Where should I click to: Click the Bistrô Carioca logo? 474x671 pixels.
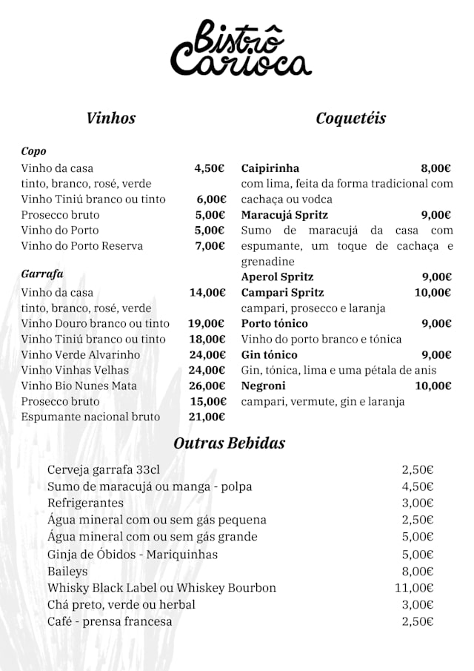pyautogui.click(x=241, y=50)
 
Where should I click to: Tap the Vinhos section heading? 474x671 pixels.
pyautogui.click(x=111, y=118)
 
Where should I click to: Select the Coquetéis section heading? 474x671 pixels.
pyautogui.click(x=350, y=118)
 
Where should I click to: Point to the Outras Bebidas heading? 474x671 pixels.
pyautogui.click(x=229, y=443)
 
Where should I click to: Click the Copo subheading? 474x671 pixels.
pyautogui.click(x=34, y=151)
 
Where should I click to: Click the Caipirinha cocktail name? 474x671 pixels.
pyautogui.click(x=270, y=168)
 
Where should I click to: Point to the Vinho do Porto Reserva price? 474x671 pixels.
pyautogui.click(x=210, y=245)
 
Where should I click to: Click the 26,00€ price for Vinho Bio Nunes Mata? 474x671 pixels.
pyautogui.click(x=207, y=386)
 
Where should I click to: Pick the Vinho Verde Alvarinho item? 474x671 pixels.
pyautogui.click(x=81, y=354)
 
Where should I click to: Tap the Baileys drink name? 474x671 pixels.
pyautogui.click(x=67, y=571)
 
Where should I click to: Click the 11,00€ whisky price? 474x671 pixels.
pyautogui.click(x=414, y=588)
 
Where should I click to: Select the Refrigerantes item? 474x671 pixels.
pyautogui.click(x=85, y=503)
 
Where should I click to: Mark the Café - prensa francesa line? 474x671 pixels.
pyautogui.click(x=110, y=621)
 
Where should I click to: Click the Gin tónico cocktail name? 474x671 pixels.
pyautogui.click(x=270, y=354)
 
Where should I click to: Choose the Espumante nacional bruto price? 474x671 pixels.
pyautogui.click(x=207, y=417)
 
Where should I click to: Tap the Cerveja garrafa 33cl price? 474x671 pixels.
pyautogui.click(x=418, y=469)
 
